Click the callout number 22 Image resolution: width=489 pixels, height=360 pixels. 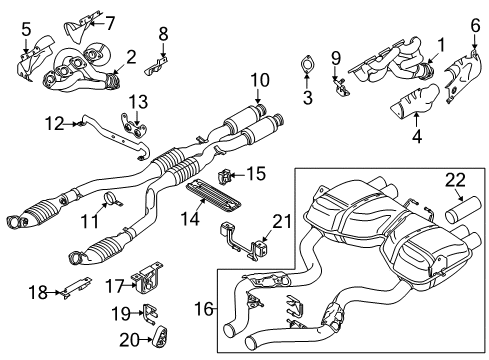[456, 179]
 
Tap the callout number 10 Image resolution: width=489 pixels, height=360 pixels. [260, 79]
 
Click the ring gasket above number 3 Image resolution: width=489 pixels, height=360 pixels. [308, 70]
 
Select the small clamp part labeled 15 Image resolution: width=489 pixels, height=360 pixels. [229, 178]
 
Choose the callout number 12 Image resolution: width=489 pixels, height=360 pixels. [55, 124]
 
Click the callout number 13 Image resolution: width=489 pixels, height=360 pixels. [136, 99]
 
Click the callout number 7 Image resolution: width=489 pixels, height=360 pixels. [138, 20]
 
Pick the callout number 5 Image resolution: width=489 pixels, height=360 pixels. [26, 29]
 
